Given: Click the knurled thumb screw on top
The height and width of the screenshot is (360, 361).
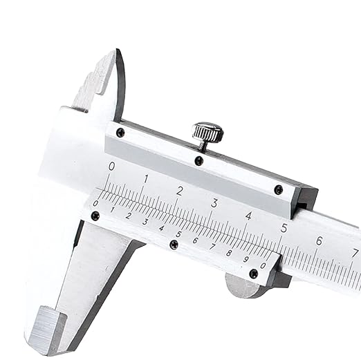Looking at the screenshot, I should (x=207, y=131).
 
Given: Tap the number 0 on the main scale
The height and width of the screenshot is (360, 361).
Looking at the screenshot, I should (x=112, y=166).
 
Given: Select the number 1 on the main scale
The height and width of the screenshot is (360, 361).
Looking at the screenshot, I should (x=146, y=178).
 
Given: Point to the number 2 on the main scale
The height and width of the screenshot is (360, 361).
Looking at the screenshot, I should (x=180, y=191).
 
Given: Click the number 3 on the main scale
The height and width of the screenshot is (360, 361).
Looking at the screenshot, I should (x=214, y=203).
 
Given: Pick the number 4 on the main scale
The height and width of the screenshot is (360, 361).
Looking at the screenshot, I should (x=248, y=215).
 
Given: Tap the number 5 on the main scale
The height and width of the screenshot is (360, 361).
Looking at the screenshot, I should (x=284, y=227).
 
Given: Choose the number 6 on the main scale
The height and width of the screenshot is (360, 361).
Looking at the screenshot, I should (x=319, y=240).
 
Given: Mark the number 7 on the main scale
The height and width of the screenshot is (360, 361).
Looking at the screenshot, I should (x=354, y=252).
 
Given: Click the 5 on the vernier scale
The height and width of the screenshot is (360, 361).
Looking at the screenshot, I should (x=178, y=234).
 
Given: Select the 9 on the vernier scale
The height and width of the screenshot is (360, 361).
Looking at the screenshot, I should (x=246, y=259).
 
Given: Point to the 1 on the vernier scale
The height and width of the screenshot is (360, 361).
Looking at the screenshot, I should (x=113, y=209).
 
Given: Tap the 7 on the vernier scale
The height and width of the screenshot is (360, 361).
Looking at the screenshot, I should (x=212, y=247).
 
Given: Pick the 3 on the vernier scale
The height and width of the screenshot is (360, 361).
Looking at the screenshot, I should (x=145, y=222).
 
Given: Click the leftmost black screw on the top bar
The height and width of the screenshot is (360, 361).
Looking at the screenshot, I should (x=120, y=132).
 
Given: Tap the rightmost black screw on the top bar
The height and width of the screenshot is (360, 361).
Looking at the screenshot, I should (x=278, y=189).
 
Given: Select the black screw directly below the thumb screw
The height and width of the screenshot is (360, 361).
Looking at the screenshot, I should (x=199, y=160).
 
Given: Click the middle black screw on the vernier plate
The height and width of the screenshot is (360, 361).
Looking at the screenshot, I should (x=174, y=244).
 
